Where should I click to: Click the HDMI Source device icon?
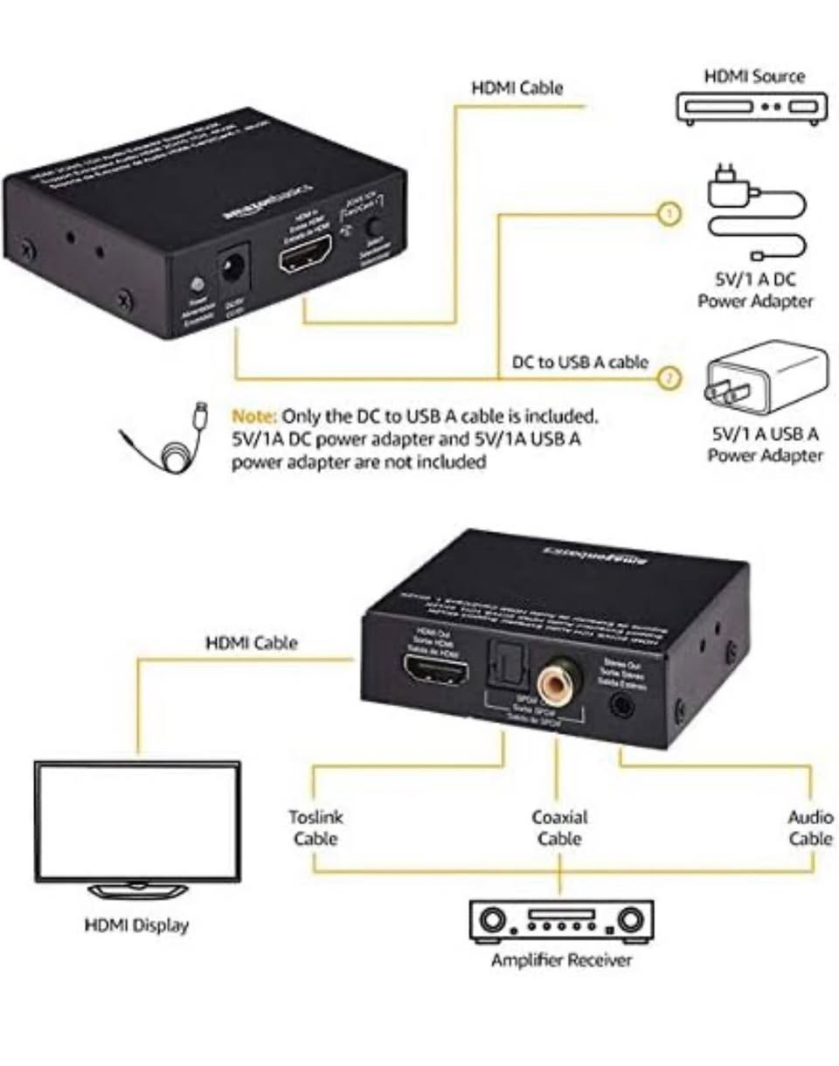(x=752, y=107)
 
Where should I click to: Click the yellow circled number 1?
(x=669, y=213)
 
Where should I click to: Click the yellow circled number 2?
(x=669, y=378)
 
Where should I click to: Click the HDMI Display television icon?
(x=138, y=826)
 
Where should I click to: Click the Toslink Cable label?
(x=315, y=827)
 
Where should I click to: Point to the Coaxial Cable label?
(x=559, y=827)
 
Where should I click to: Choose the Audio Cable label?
(x=810, y=827)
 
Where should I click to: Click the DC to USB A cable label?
(x=580, y=362)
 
